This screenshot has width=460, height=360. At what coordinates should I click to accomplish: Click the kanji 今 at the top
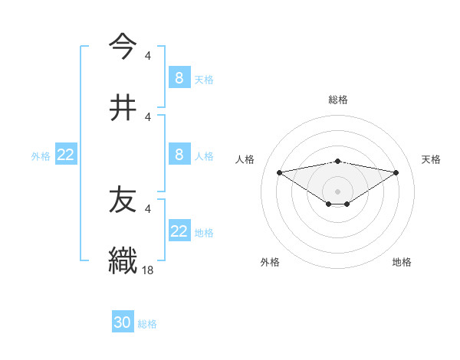[x=123, y=46]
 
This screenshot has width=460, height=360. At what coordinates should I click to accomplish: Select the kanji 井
[x=123, y=107]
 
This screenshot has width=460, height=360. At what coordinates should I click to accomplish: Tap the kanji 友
[x=123, y=200]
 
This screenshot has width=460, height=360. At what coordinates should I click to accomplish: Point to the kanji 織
[x=123, y=260]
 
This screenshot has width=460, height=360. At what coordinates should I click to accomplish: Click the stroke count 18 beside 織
[x=148, y=270]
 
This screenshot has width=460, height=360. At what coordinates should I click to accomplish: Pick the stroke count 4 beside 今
[x=148, y=55]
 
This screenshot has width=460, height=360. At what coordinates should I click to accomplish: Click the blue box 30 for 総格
[x=123, y=322]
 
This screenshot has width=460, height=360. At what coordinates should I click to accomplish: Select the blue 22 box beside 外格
[x=66, y=155]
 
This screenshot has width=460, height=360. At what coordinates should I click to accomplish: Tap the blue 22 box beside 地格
[x=179, y=231]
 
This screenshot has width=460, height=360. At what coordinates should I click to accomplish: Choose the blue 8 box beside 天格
[x=179, y=77]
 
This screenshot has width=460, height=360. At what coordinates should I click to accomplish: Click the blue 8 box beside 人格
[x=179, y=155]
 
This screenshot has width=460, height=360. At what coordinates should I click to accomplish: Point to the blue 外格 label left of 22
[x=41, y=156]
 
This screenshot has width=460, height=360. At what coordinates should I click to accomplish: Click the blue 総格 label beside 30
[x=147, y=324]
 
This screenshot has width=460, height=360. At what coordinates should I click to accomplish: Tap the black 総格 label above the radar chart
[x=338, y=100]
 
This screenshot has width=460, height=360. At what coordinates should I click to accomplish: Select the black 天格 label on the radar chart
[x=432, y=159]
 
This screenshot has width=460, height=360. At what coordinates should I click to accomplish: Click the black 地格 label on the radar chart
[x=402, y=262]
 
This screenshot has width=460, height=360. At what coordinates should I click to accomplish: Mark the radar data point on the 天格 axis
[x=396, y=172]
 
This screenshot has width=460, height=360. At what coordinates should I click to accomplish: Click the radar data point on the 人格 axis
[x=279, y=172]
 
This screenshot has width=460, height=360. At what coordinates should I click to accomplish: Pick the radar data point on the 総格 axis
[x=338, y=161]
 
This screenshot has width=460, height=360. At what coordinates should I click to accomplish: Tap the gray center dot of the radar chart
[x=338, y=191]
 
